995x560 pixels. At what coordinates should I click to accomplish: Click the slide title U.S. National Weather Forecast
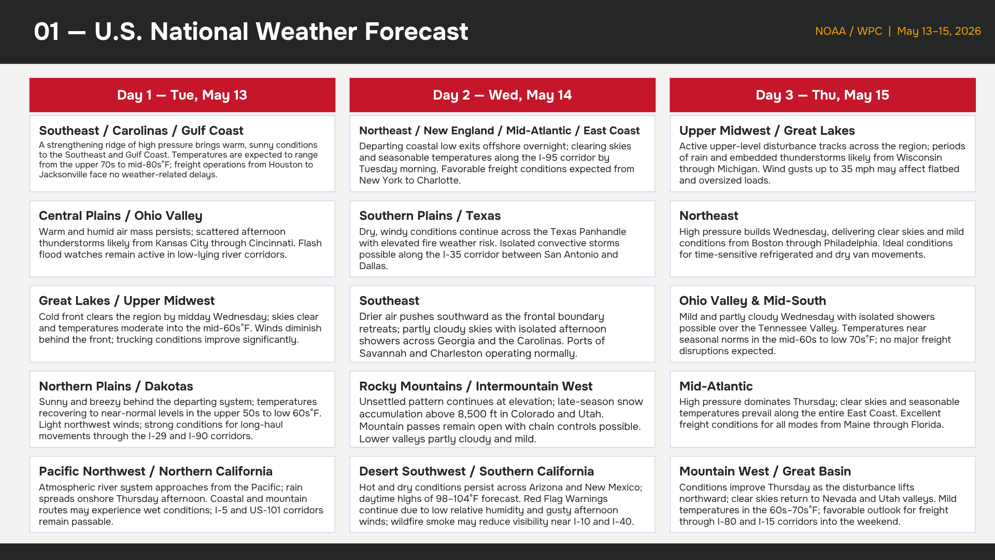[x=281, y=32]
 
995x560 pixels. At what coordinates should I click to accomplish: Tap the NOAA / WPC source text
[x=848, y=31]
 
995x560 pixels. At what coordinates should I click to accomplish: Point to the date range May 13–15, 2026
[x=939, y=31]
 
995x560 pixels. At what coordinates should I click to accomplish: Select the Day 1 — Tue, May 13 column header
[x=182, y=95]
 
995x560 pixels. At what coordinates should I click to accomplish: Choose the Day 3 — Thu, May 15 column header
[x=822, y=95]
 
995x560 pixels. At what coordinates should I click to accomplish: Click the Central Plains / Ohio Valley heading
[x=121, y=216]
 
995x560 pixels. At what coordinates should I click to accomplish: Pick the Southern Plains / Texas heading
[x=430, y=216]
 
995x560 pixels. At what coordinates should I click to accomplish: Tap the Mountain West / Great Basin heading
[x=765, y=471]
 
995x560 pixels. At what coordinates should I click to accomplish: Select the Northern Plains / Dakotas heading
[x=116, y=386]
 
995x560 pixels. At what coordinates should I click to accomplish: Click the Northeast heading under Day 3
[x=708, y=216]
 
